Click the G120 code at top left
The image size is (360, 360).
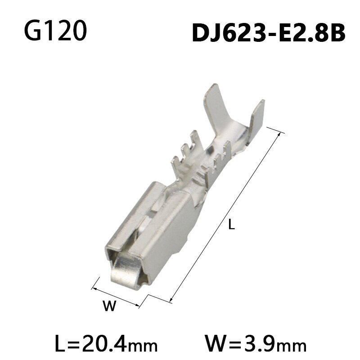[x=54, y=30]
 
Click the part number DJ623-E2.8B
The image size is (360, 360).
[x=269, y=32]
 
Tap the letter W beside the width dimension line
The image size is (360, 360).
[x=109, y=307]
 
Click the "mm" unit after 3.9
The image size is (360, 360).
[x=292, y=346]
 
